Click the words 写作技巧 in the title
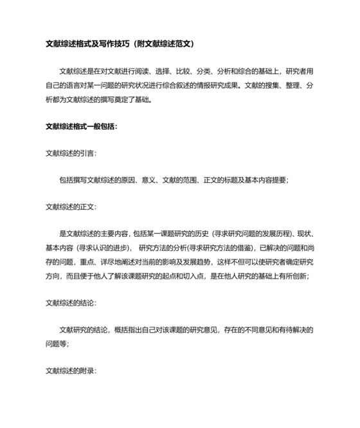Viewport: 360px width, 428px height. pyautogui.click(x=113, y=44)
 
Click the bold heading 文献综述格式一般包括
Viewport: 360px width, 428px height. pyautogui.click(x=80, y=126)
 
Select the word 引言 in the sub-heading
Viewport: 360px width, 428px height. pyautogui.click(x=87, y=153)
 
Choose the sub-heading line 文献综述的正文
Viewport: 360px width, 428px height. pyautogui.click(x=70, y=207)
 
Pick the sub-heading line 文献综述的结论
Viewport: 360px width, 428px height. pyautogui.click(x=70, y=302)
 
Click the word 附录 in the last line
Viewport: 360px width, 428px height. pyautogui.click(x=87, y=371)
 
